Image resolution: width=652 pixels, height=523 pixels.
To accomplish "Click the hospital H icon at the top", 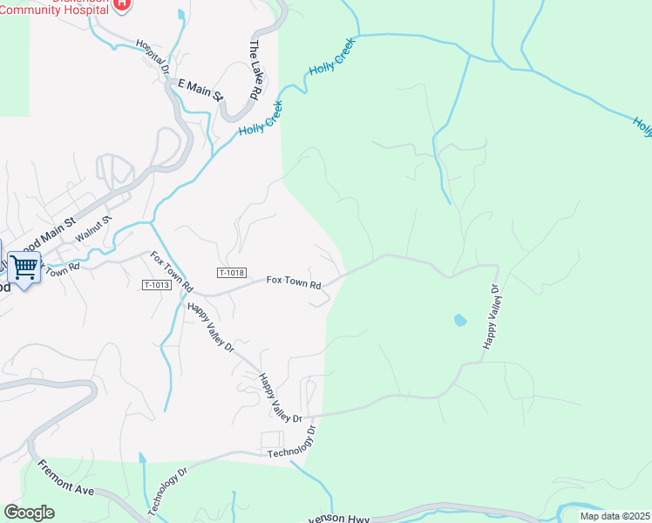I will [x=123, y=4].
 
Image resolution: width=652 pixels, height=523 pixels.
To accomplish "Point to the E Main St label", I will [x=200, y=88].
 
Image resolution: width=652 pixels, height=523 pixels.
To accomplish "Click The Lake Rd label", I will [x=255, y=69].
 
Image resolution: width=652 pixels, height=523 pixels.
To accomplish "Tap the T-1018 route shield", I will [x=231, y=273].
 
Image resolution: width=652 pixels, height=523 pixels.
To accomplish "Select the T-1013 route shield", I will [x=156, y=285].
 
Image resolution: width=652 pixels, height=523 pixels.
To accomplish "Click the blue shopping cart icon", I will [x=24, y=268].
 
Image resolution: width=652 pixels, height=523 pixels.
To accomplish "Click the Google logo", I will [x=29, y=513].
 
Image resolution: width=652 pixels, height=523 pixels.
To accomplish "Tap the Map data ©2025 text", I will [x=614, y=516].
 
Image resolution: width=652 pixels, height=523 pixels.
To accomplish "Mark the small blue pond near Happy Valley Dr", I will [x=459, y=321].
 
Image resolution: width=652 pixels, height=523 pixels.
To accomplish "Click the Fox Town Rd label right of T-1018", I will [x=294, y=282].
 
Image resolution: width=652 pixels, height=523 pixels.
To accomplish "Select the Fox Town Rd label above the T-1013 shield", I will [x=171, y=271].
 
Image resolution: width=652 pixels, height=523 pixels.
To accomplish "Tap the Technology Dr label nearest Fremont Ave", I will [x=167, y=490].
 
